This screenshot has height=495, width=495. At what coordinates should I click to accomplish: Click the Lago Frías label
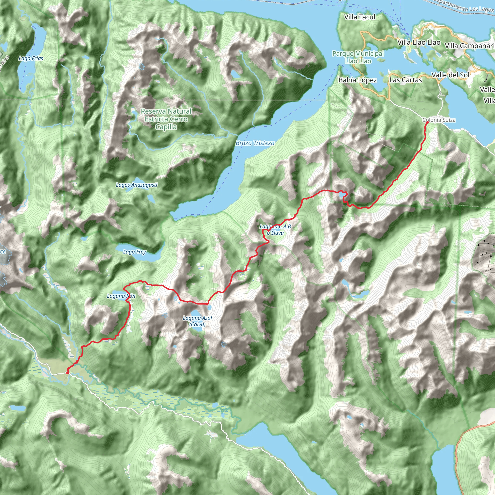coord(31,58)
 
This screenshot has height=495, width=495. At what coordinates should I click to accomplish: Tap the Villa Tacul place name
coord(359,17)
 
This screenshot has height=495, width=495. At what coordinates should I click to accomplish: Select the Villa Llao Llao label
coord(419,42)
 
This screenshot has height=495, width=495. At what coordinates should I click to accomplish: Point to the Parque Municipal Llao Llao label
coord(358,57)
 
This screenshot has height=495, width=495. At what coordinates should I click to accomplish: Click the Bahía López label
coord(357,80)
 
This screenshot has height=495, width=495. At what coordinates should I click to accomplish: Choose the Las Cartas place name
coord(405,80)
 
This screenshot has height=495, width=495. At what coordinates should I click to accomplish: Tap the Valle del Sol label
coord(451,75)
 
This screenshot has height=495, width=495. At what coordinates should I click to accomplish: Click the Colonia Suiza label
coord(439,120)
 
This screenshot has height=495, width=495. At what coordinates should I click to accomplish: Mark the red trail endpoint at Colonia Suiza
coord(427,123)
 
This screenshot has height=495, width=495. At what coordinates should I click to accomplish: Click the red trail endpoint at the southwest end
coord(67,373)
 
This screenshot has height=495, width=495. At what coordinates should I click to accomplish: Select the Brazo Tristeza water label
coord(255,143)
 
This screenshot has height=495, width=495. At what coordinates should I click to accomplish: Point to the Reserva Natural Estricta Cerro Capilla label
coord(166,119)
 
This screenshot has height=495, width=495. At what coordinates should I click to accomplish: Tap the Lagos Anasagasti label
coord(137,185)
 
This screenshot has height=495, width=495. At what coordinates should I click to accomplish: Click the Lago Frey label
coord(135,252)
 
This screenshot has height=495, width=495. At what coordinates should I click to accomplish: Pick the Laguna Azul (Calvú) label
coord(197,321)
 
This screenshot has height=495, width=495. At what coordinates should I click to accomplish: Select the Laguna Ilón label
coord(121,296)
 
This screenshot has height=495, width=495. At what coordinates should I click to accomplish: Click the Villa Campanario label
coord(469,46)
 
